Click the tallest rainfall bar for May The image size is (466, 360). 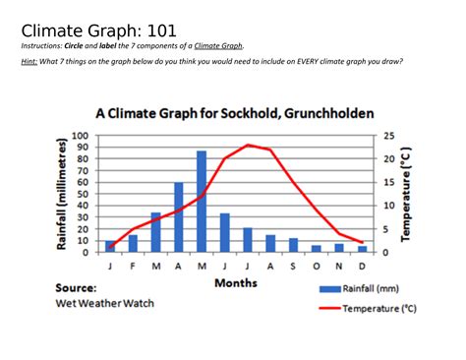202,202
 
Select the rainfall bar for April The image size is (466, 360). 179,217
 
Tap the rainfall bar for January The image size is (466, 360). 110,246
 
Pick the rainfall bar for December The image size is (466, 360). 362,249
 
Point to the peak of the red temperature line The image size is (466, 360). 248,145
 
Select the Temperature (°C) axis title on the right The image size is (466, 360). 406,193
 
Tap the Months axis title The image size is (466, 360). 235,283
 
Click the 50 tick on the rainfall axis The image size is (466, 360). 84,194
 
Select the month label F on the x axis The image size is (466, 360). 133,266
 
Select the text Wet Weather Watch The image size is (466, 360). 103,303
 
